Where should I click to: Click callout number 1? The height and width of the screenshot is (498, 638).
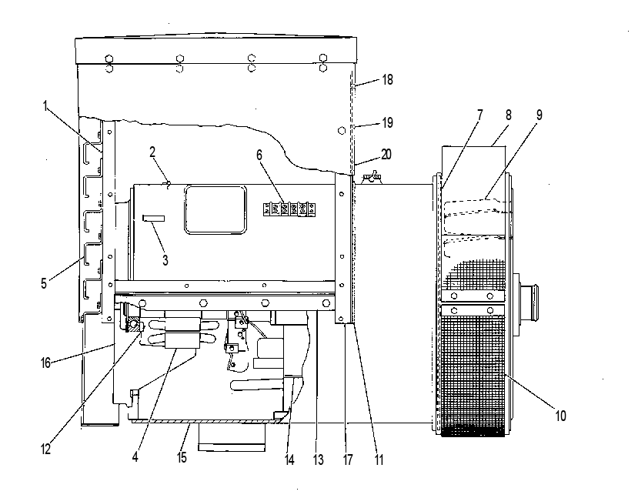tap(46, 106)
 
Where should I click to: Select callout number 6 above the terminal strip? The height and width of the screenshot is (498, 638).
tap(259, 155)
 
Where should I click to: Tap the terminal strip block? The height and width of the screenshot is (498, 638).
tap(289, 209)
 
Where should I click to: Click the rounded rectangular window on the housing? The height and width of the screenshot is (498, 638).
tap(215, 210)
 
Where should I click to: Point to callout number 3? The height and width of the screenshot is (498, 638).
tap(165, 260)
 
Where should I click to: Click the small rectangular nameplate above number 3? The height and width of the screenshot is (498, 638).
tap(153, 218)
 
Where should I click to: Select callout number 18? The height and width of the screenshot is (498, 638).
tap(388, 80)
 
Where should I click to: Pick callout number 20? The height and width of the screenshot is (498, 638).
tap(386, 154)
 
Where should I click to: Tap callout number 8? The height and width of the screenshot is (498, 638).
tap(509, 115)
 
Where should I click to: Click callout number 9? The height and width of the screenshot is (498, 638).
tap(539, 115)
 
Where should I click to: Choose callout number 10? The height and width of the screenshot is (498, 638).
tap(561, 416)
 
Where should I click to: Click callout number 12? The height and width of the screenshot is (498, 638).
tap(45, 450)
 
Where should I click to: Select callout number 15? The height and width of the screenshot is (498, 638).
tap(182, 457)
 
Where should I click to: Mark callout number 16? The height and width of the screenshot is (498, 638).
tap(45, 363)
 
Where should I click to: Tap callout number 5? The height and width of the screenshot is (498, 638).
tap(44, 283)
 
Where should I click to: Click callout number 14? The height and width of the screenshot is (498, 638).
tap(289, 460)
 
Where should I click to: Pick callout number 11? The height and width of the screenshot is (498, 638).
tap(379, 460)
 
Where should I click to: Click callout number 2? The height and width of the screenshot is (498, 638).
tap(152, 152)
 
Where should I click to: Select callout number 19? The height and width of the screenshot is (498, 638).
tap(388, 122)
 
